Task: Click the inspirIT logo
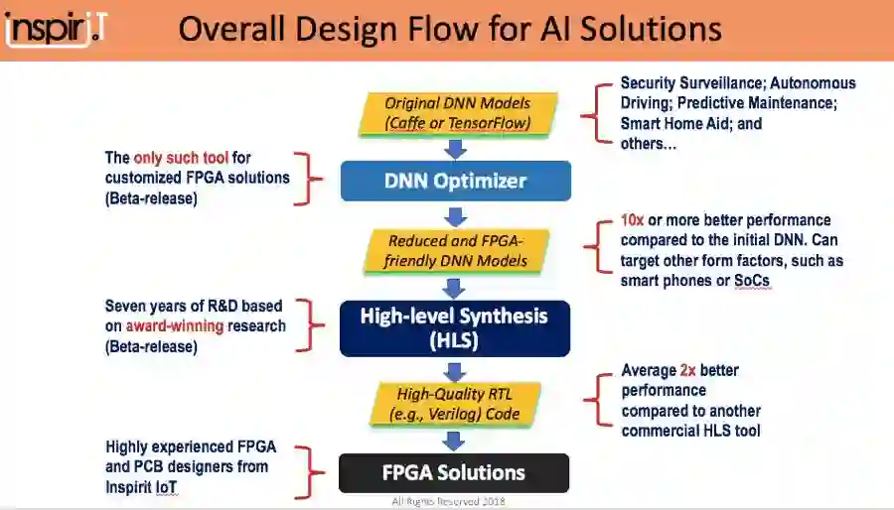coord(56,27)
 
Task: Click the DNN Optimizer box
coord(455,181)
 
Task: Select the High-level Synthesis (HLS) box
coord(455,327)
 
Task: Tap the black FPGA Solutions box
coord(454,472)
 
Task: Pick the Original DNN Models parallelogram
coord(457,113)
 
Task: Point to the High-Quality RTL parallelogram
coord(455,403)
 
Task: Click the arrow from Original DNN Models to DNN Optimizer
coord(456,148)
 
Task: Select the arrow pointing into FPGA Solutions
coord(454,440)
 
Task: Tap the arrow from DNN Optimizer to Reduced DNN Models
coord(456,215)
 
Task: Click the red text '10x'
coord(632,219)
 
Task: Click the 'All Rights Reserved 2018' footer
coord(448,501)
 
